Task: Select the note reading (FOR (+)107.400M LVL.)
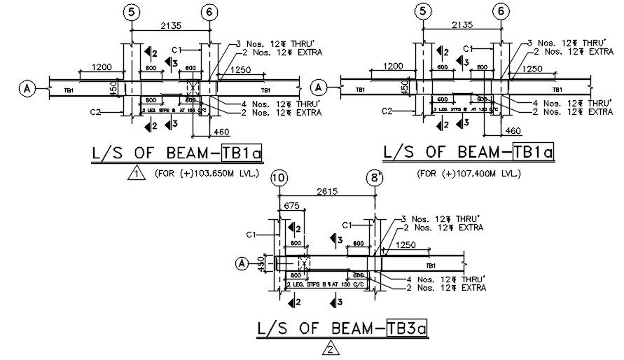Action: click(469, 172)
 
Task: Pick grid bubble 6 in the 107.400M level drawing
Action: click(500, 11)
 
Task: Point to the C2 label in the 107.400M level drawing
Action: click(386, 111)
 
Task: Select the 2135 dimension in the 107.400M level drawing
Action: click(461, 25)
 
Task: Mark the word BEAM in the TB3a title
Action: click(344, 326)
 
